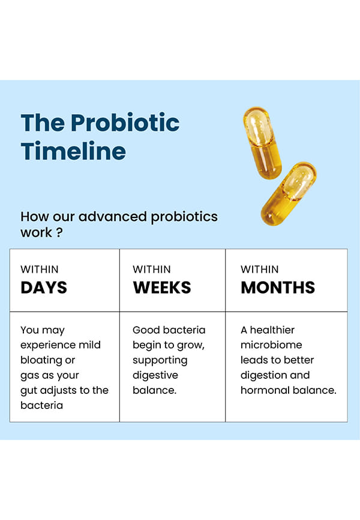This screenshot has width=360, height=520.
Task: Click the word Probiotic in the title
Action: (x=125, y=123)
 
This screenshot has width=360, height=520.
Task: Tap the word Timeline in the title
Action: (x=73, y=151)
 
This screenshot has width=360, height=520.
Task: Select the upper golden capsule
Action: (x=262, y=143)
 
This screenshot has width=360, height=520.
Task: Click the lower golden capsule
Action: (x=289, y=194)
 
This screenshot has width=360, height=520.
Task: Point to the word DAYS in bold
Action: (x=44, y=288)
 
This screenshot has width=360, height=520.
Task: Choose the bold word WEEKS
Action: (x=162, y=288)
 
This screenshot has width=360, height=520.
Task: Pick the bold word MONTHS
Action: (x=278, y=288)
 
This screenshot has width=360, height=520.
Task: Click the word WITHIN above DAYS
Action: (x=40, y=269)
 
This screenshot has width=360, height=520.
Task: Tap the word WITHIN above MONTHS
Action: (x=260, y=269)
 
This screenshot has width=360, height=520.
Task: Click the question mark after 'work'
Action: (x=59, y=232)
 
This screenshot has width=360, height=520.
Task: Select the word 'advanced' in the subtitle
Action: (x=112, y=217)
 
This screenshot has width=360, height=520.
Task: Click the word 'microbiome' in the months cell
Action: (x=271, y=345)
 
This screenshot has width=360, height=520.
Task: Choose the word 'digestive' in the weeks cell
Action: (x=155, y=375)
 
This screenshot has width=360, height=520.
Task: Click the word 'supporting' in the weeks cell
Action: (x=160, y=360)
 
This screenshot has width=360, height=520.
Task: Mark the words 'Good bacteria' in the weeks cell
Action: (x=169, y=330)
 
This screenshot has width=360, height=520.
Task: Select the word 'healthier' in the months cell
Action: (x=272, y=330)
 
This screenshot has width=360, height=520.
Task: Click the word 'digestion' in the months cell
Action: (x=260, y=375)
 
